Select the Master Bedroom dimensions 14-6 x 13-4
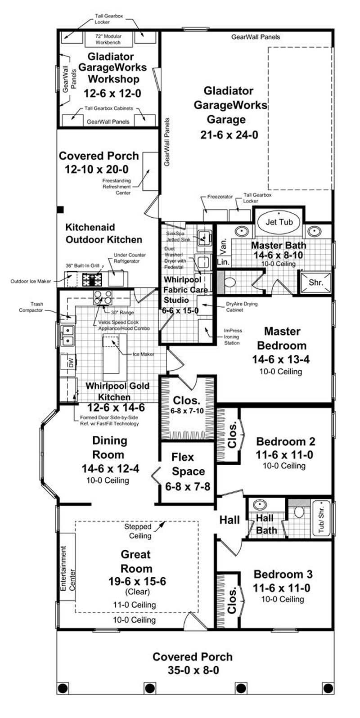(282, 360)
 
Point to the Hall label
(229, 520)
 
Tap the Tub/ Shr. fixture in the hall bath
(321, 517)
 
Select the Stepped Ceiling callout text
(140, 531)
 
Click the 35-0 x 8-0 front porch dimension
(192, 670)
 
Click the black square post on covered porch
(60, 210)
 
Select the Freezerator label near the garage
(220, 197)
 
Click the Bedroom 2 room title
(285, 441)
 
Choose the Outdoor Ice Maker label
(31, 282)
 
